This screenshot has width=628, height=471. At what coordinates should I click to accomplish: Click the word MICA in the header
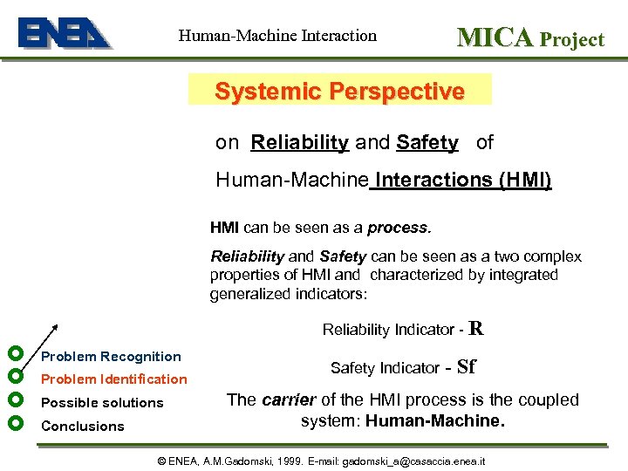click(x=495, y=37)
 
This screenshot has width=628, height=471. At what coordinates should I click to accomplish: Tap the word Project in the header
click(x=571, y=39)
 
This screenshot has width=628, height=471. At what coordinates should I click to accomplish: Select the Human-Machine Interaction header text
click(x=277, y=36)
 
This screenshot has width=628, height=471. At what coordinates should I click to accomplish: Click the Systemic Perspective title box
click(x=339, y=91)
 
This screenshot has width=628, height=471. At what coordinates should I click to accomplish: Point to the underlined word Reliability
click(x=299, y=142)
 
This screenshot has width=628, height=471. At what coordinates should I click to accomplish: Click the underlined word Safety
click(x=427, y=142)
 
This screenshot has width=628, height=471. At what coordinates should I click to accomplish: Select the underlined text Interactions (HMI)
click(x=461, y=181)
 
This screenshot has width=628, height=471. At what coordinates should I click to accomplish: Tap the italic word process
click(x=399, y=228)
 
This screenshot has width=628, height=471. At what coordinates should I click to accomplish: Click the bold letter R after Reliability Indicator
click(x=476, y=328)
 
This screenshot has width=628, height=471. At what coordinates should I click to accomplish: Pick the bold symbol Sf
click(x=466, y=367)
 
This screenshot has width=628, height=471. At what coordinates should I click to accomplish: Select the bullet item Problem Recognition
click(x=111, y=357)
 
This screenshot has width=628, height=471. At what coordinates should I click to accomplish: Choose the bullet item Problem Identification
click(x=114, y=379)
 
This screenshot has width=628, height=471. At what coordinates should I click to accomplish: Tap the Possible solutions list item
click(x=102, y=403)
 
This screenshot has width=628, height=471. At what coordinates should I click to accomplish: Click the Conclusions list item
click(x=83, y=427)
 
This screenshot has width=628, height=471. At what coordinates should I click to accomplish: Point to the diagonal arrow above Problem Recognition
click(x=44, y=338)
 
